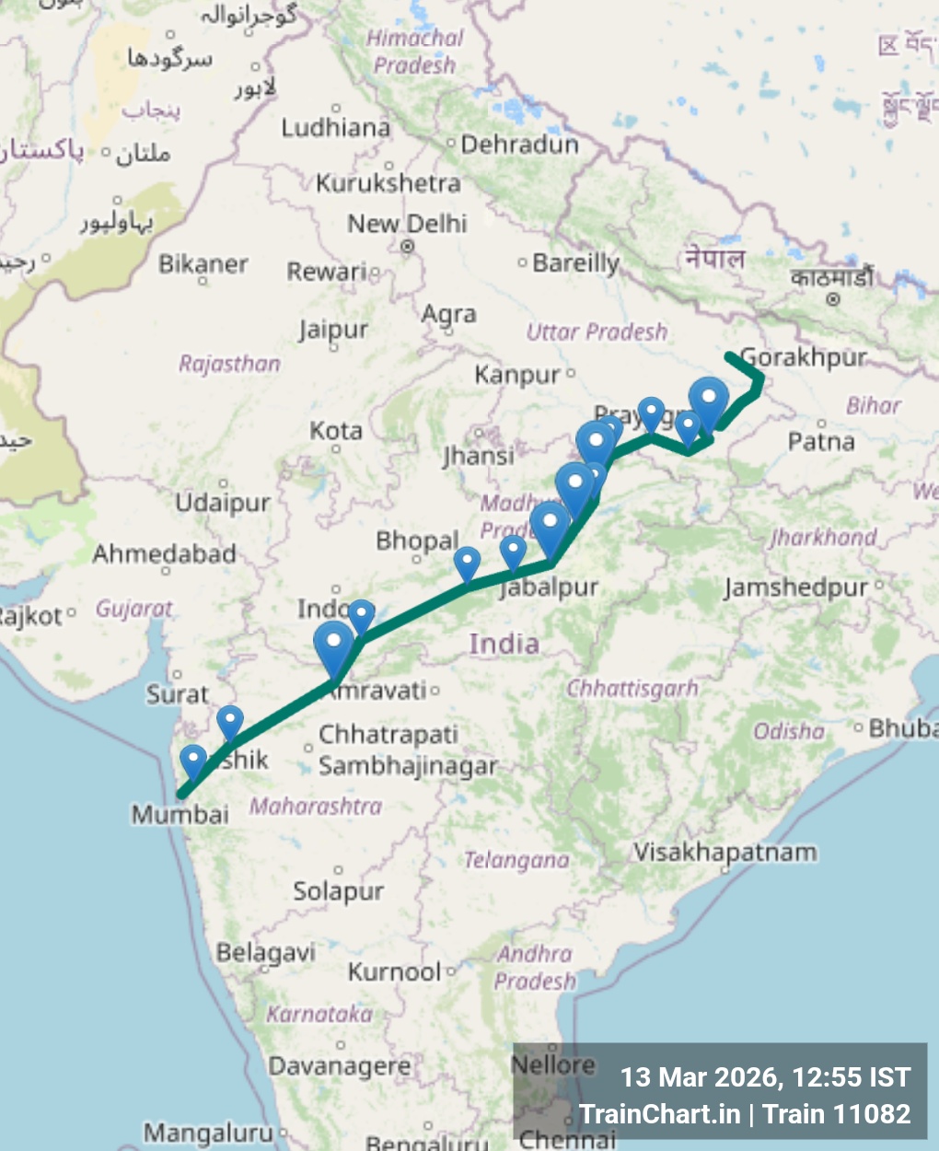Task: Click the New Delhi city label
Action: coord(407,224)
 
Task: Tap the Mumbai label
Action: coord(180,814)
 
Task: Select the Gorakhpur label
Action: coord(804,357)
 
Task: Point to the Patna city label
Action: coord(821,442)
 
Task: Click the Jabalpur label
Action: coord(550,587)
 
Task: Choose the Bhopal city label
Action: coord(416,541)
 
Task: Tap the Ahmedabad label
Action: coord(164,554)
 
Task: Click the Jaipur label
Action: coord(332,330)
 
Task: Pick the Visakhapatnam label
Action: coord(725,853)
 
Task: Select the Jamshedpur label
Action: coord(795,587)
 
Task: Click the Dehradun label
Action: coord(519,145)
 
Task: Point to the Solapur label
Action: coord(338,890)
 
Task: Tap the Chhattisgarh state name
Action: coord(632,689)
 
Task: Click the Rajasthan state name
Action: coord(229,365)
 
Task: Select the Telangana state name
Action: coord(516,860)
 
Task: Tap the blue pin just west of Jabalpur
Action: coord(513,552)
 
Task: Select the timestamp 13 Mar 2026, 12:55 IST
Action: coord(765,1077)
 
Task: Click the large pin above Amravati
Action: coord(333,645)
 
